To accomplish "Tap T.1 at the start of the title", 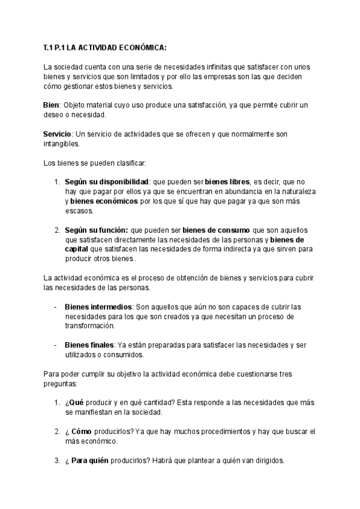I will point(49,47).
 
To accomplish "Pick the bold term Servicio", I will point(58,133).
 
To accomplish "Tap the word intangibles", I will point(61,143).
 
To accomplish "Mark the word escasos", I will point(80,211).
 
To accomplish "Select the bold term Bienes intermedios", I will point(98,307).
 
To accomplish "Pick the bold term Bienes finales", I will point(89,345).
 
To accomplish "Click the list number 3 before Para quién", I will point(56,460).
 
